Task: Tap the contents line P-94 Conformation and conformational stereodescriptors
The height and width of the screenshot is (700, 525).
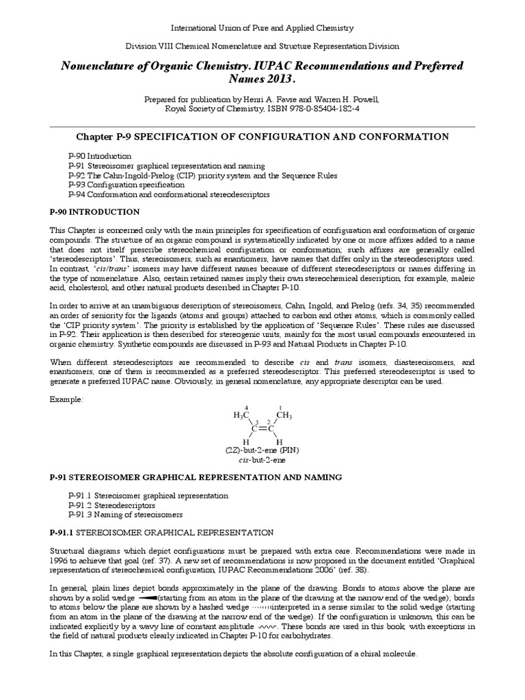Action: [169, 194]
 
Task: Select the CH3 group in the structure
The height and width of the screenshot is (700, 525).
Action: [284, 415]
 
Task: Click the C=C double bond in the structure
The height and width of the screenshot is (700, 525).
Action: [262, 429]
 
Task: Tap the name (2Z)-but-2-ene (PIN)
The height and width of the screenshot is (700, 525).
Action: [262, 453]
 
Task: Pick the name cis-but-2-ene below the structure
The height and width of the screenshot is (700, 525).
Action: [262, 462]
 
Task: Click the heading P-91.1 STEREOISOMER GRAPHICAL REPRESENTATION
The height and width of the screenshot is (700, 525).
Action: [161, 533]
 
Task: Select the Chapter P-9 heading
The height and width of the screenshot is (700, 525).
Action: [262, 137]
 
